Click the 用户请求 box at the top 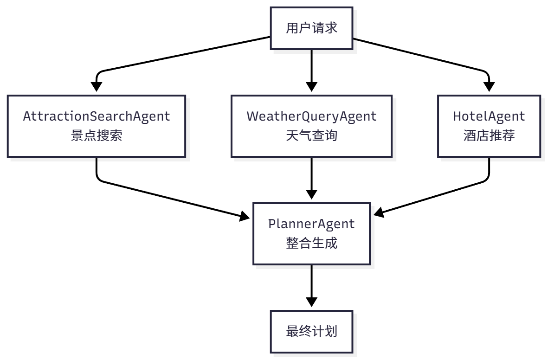(x=311, y=28)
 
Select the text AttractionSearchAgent (x=97, y=116)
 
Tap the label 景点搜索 (x=97, y=136)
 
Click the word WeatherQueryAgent (x=311, y=116)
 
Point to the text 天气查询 (x=311, y=136)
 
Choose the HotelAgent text (x=489, y=116)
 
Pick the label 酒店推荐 (x=489, y=136)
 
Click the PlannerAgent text (x=311, y=224)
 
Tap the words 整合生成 (x=311, y=243)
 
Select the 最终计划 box (x=311, y=332)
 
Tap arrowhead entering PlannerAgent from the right (x=379, y=212)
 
